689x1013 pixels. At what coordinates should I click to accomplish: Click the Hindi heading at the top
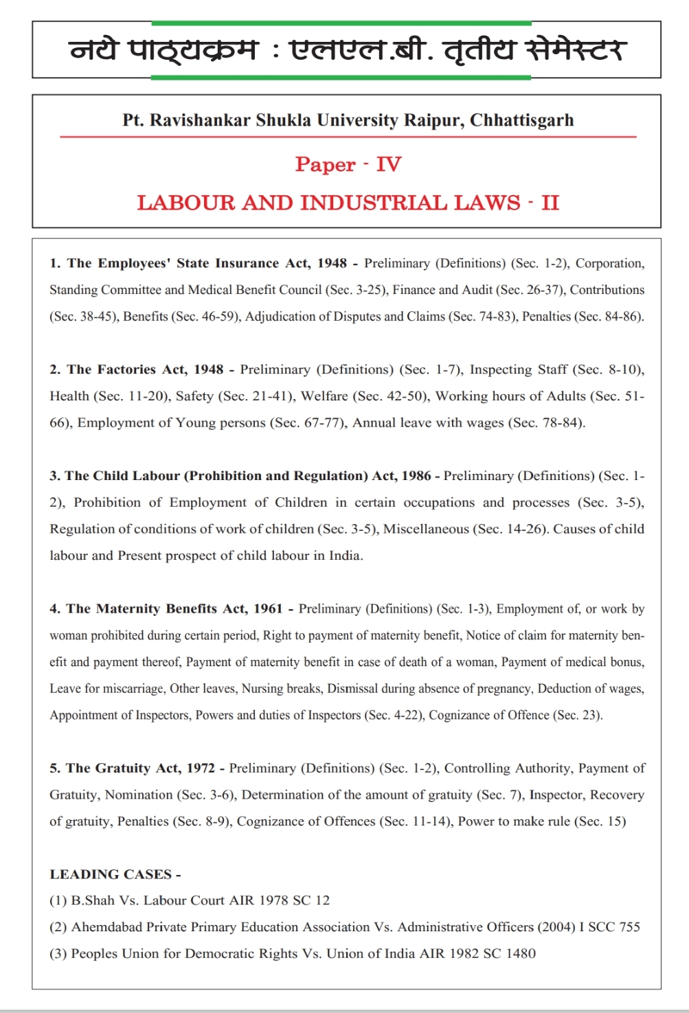pyautogui.click(x=347, y=49)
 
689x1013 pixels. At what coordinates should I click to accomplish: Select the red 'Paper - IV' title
pyautogui.click(x=348, y=164)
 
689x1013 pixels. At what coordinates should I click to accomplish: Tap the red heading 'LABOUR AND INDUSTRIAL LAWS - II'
pyautogui.click(x=348, y=203)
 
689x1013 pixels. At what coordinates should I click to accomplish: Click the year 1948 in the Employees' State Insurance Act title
pyautogui.click(x=332, y=263)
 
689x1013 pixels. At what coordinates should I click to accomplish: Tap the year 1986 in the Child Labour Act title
pyautogui.click(x=416, y=476)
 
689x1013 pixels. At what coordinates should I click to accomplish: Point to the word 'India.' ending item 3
pyautogui.click(x=346, y=556)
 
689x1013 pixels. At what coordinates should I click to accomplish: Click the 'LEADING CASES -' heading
pyautogui.click(x=115, y=874)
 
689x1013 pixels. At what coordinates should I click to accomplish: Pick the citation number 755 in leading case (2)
pyautogui.click(x=629, y=927)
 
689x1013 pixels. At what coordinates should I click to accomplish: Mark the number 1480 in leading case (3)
pyautogui.click(x=520, y=953)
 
